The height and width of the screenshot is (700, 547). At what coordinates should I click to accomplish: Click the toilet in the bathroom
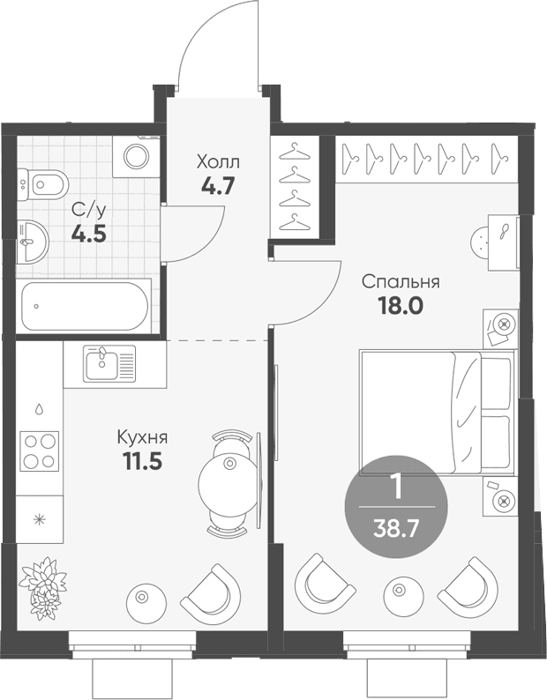(x=44, y=184)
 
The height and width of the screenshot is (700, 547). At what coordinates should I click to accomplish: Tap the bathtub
(x=85, y=306)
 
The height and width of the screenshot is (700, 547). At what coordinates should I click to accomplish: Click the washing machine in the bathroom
(x=136, y=157)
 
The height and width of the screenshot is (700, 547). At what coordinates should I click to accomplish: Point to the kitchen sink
(x=110, y=364)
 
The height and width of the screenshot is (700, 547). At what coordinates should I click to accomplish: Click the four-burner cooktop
(x=40, y=451)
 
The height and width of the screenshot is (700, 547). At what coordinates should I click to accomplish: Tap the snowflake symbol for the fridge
(x=40, y=519)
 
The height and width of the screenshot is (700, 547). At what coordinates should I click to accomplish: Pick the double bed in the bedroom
(x=437, y=412)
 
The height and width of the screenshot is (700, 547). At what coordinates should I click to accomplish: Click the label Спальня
(x=401, y=283)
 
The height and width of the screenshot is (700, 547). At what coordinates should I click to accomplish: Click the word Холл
(x=218, y=162)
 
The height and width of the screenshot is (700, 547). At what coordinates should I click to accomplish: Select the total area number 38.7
(x=396, y=530)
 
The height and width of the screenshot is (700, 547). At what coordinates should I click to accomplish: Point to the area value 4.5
(x=89, y=234)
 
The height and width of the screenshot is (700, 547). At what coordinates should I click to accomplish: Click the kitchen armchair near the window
(x=211, y=592)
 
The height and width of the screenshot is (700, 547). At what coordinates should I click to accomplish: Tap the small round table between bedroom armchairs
(x=403, y=592)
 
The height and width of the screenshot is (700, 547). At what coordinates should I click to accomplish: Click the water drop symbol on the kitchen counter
(x=40, y=408)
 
